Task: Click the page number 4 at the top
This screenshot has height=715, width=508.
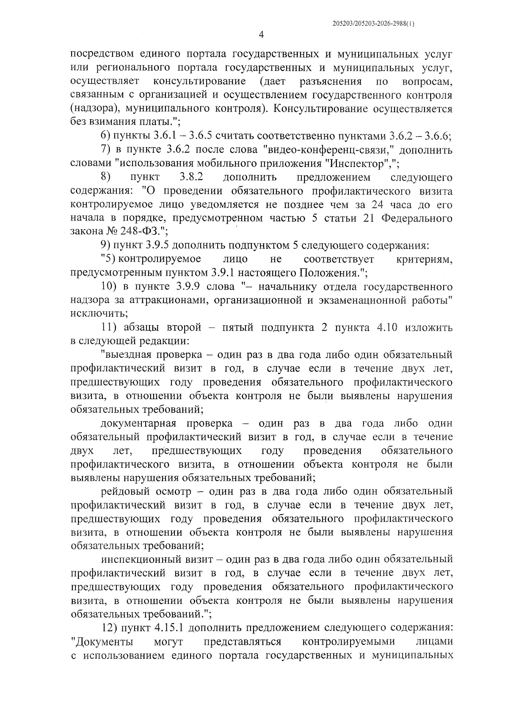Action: click(x=261, y=35)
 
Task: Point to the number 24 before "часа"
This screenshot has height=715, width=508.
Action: click(x=378, y=205)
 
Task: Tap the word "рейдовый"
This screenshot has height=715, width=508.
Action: click(x=122, y=491)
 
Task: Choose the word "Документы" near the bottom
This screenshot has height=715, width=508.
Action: click(x=103, y=654)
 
